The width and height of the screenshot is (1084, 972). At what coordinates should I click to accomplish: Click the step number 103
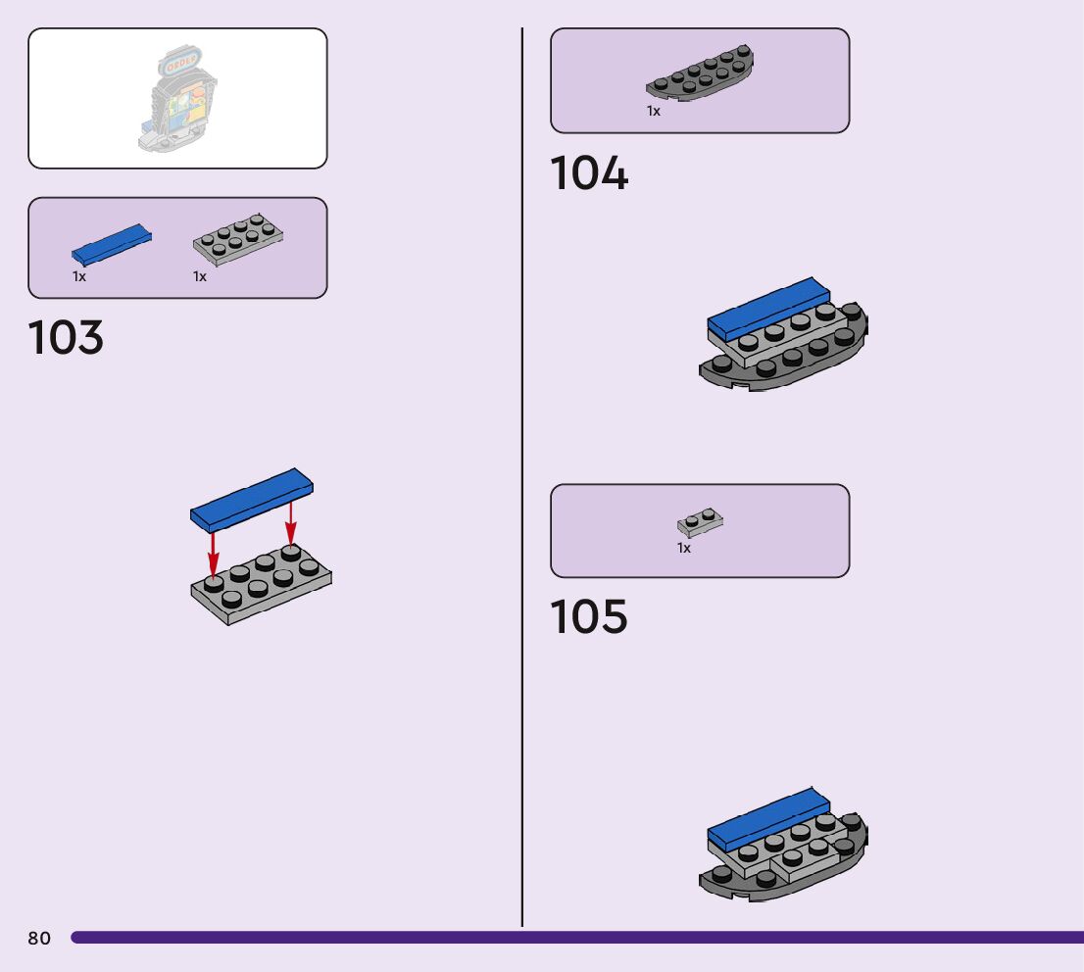66,338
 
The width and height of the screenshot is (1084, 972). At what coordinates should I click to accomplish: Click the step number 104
589,174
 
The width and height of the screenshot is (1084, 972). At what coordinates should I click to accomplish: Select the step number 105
589,617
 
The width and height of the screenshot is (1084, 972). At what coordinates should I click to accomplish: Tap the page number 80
39,939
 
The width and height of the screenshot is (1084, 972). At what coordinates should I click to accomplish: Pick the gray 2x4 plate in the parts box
238,239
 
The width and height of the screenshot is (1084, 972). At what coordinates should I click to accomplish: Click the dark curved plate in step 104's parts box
700,74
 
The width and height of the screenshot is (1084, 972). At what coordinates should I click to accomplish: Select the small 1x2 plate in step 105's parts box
700,522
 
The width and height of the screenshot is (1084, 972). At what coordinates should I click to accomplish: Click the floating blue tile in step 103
251,500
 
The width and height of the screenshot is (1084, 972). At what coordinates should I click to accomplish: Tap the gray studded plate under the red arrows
262,588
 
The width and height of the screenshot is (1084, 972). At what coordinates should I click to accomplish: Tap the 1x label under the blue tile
79,277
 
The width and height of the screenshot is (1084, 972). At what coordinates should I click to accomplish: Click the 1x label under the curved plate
654,112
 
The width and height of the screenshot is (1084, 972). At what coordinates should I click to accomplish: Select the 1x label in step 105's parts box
684,549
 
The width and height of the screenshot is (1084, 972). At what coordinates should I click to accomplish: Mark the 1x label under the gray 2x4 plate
200,277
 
